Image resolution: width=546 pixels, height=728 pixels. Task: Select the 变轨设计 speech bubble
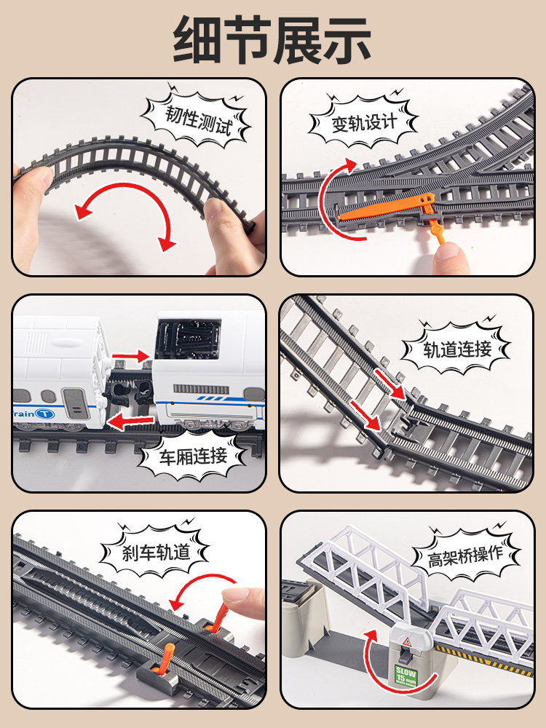coord(364,122)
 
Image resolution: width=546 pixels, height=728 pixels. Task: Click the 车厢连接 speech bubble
coord(193,456)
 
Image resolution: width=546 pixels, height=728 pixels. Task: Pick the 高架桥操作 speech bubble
coord(466,557)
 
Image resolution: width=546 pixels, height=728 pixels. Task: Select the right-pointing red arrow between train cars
coord(132,356)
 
